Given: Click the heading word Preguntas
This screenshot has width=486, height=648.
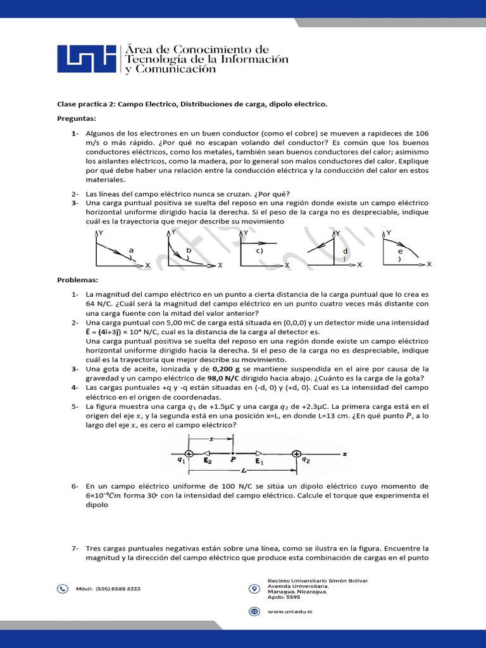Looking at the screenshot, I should click(x=77, y=118).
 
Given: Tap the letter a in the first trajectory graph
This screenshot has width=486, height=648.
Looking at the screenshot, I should click(x=131, y=250).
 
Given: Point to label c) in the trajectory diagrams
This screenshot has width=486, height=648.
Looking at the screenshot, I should click(x=259, y=251).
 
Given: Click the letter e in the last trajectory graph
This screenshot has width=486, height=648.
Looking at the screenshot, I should click(x=400, y=251).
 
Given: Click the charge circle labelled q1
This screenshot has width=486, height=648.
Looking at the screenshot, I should click(x=188, y=454).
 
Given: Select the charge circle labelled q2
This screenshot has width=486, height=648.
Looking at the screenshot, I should click(x=296, y=454).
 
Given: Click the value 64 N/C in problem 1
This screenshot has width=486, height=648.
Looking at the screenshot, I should click(x=97, y=303).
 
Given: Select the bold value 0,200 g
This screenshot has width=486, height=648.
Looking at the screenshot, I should click(x=229, y=368).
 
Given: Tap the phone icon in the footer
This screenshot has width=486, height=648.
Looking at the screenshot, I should click(x=62, y=589).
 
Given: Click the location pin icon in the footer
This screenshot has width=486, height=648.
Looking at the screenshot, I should click(x=254, y=589).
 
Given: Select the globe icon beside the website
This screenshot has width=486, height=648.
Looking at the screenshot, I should click(x=254, y=611).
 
